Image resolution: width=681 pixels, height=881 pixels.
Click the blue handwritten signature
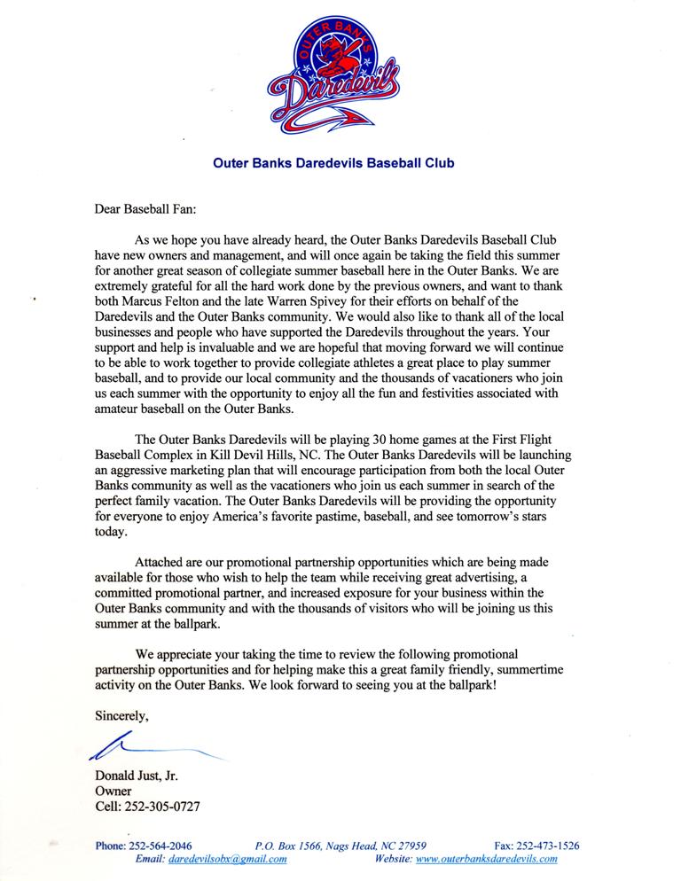click(151, 749)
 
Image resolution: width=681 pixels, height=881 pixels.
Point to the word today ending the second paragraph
click(110, 534)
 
